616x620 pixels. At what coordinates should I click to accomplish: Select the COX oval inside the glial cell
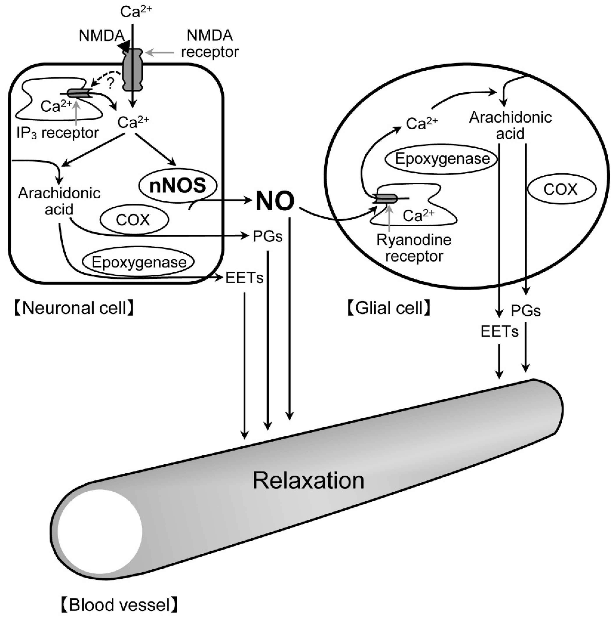(x=560, y=189)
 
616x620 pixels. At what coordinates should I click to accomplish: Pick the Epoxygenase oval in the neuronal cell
(x=139, y=262)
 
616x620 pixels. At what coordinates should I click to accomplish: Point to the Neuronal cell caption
(x=74, y=308)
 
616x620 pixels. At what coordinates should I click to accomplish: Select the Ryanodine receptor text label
(x=414, y=248)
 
